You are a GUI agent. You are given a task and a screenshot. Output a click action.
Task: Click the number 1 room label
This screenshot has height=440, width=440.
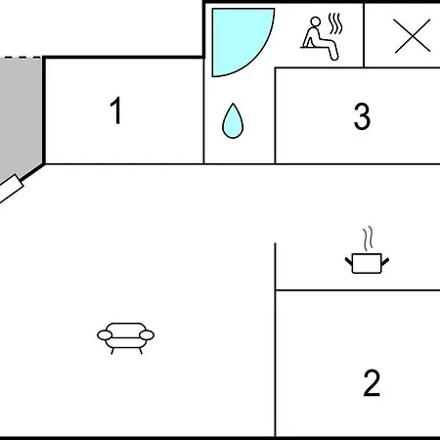pyautogui.click(x=116, y=110)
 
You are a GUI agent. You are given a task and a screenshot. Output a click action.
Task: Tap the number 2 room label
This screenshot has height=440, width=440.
pyautogui.click(x=372, y=383)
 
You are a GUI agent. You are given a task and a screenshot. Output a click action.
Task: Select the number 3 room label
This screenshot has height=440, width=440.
pyautogui.click(x=362, y=116)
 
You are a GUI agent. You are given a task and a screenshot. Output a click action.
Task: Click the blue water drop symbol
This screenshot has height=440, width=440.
pyautogui.click(x=233, y=121)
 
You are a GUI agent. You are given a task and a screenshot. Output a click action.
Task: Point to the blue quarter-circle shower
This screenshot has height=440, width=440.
pyautogui.click(x=235, y=36)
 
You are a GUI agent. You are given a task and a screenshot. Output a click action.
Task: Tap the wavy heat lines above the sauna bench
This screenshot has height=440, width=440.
pyautogui.click(x=335, y=23)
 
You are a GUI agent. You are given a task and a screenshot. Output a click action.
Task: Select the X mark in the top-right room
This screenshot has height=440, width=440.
pyautogui.click(x=413, y=35)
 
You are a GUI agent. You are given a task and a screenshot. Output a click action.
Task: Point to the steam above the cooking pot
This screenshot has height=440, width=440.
pyautogui.click(x=368, y=239)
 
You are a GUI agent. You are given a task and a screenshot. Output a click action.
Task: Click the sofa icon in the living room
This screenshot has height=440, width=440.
pyautogui.click(x=126, y=338)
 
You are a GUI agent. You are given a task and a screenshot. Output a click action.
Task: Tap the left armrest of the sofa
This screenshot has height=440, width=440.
pyautogui.click(x=105, y=335)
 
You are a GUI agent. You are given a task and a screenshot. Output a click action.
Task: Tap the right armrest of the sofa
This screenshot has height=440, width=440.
pyautogui.click(x=147, y=335)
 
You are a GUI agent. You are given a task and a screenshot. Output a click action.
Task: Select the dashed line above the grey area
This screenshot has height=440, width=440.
pyautogui.click(x=21, y=58)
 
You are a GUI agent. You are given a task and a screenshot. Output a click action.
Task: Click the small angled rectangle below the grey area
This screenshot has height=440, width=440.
pyautogui.click(x=11, y=190)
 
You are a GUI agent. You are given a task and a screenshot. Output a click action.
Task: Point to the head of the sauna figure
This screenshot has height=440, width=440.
pyautogui.click(x=316, y=22)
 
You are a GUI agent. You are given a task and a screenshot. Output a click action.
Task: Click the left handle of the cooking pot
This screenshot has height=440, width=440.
pyautogui.click(x=349, y=261)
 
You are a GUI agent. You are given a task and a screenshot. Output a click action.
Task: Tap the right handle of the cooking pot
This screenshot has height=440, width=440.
pyautogui.click(x=385, y=261)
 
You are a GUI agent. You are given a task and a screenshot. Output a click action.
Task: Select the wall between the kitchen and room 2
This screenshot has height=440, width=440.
pyautogui.click(x=358, y=289)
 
